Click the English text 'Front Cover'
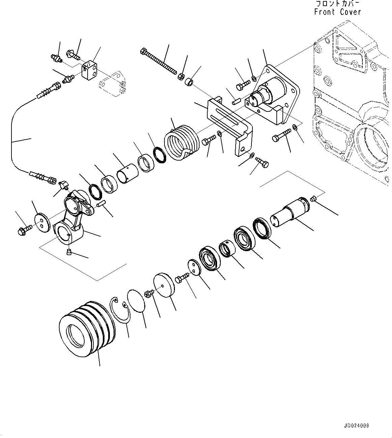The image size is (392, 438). coord(337,12)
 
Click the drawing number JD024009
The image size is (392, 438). coord(357,426)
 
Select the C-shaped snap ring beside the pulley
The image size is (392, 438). coord(121,310)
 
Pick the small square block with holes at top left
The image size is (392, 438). coord(90,70)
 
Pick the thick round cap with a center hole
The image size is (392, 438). coord(164,285)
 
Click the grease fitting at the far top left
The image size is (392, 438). coord(56,58)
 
